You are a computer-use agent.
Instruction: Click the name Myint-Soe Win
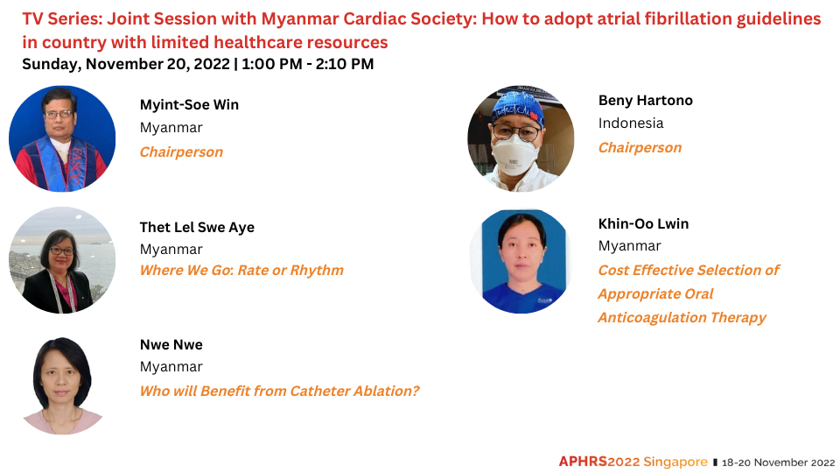[189, 104]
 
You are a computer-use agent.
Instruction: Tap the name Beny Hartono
[646, 100]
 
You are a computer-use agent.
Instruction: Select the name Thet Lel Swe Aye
[197, 228]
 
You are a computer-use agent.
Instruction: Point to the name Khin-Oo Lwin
[643, 223]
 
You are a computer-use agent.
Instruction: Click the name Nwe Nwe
[171, 344]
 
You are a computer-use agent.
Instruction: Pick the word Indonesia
[631, 123]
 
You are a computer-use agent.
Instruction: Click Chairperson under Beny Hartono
[640, 147]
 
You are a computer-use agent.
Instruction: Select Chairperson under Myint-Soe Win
[181, 152]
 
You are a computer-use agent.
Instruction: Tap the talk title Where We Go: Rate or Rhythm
[241, 270]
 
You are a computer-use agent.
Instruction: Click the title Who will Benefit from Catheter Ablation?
[280, 391]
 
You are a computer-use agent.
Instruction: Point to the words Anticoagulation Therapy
[682, 317]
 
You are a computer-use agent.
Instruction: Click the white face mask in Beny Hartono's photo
[514, 155]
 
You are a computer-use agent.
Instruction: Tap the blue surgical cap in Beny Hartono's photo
[517, 108]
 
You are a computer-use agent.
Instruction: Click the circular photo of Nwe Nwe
[62, 385]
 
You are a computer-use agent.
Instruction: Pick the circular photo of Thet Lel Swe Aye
[62, 260]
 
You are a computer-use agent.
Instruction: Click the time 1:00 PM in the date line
[271, 64]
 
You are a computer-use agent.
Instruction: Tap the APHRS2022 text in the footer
[599, 462]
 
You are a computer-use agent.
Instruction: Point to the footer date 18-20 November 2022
[779, 462]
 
